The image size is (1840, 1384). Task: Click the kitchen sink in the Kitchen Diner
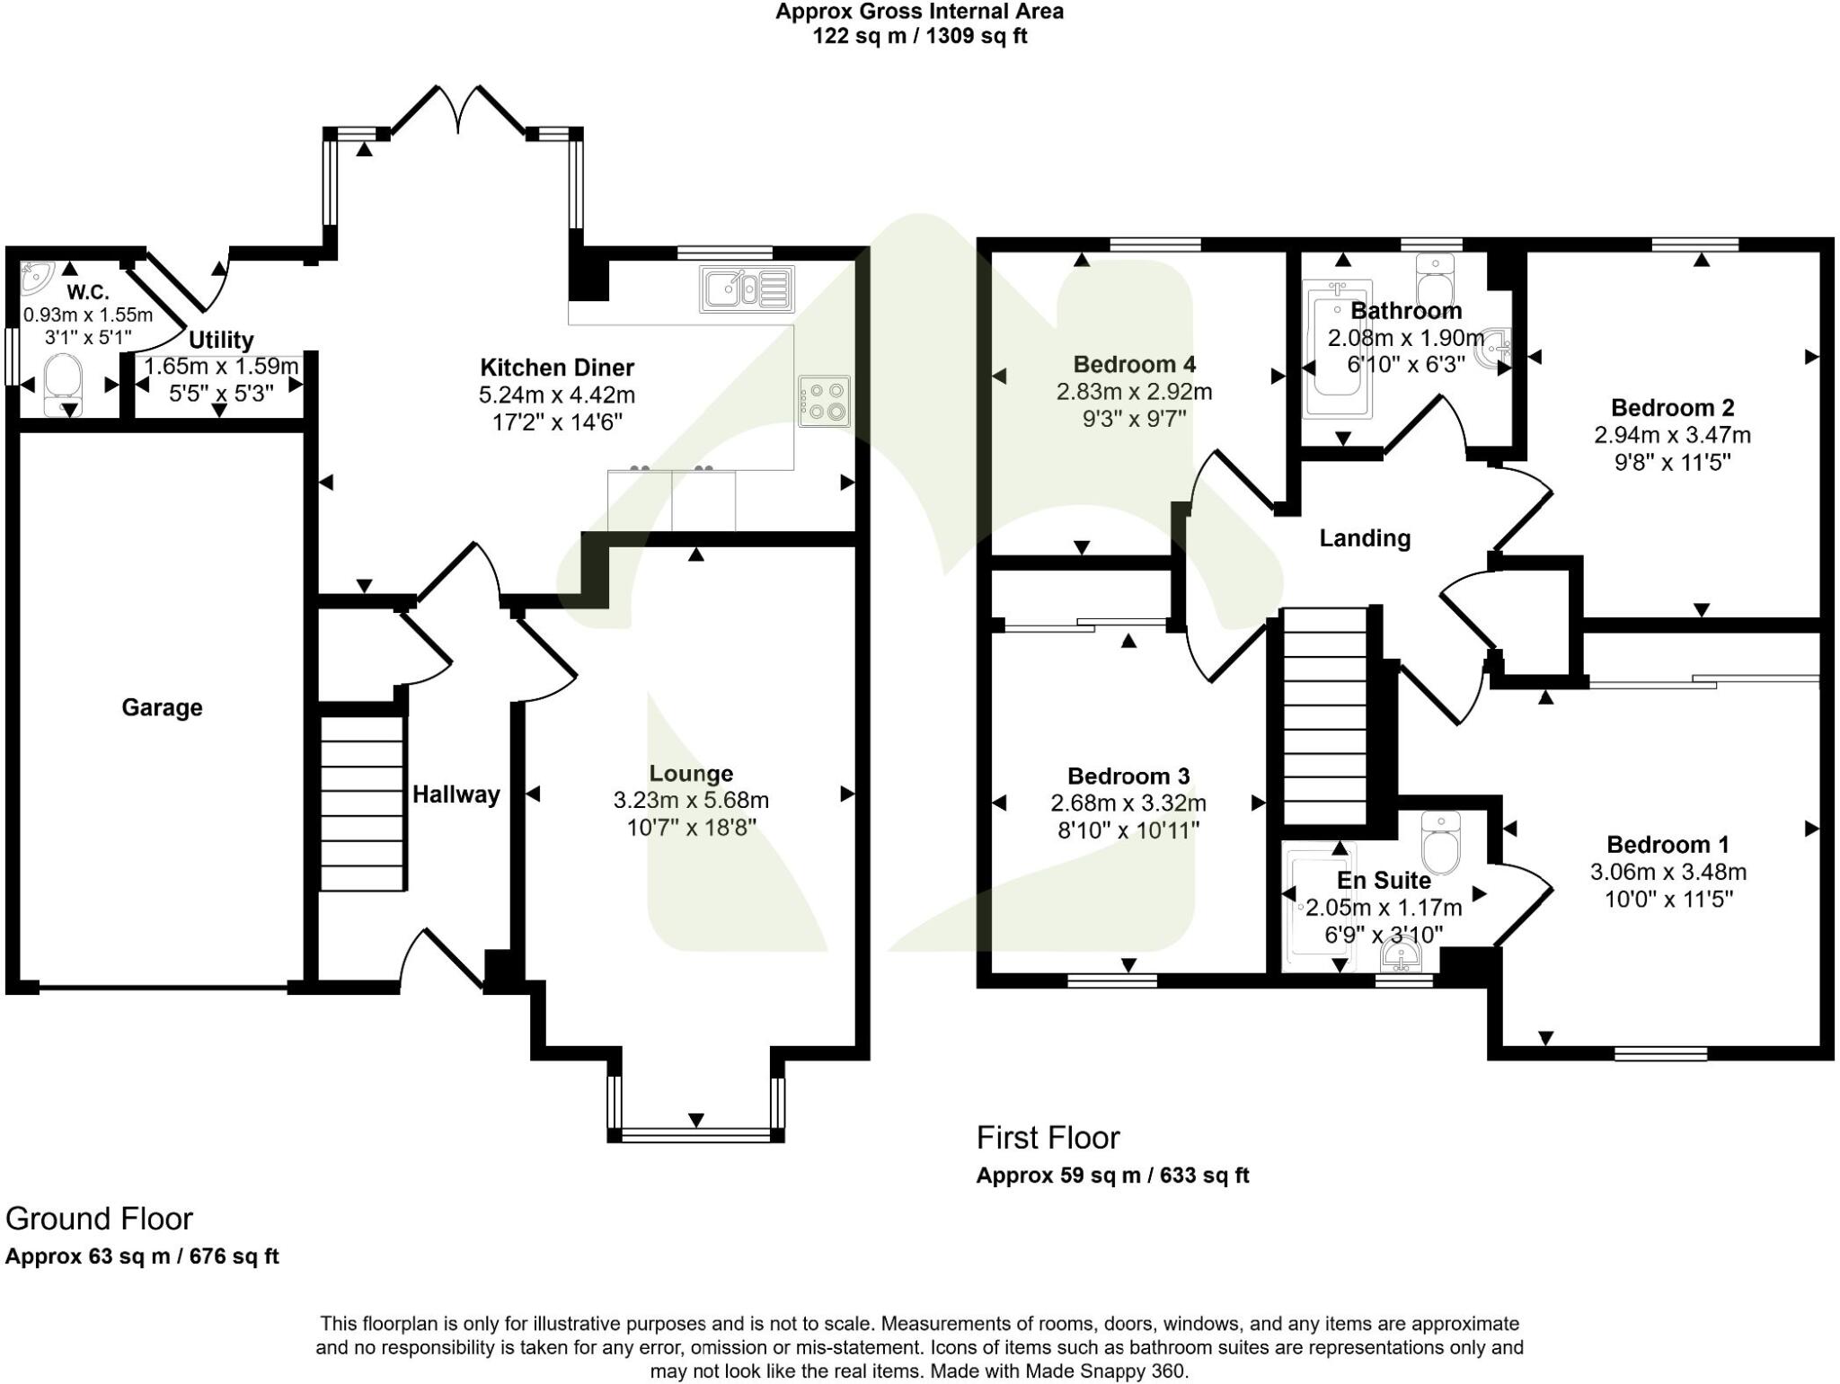point(747,289)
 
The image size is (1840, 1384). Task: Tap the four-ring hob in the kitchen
point(824,402)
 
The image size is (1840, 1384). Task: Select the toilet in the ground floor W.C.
point(63,385)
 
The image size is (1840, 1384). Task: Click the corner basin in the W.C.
point(37,276)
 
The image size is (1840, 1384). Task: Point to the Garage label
point(162,708)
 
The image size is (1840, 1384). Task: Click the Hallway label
point(456,794)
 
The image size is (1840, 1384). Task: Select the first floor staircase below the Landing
point(1323,716)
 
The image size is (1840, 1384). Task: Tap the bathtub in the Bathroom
point(1337,350)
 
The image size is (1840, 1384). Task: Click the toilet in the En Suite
point(1442,843)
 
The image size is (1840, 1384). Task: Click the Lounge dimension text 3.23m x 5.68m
point(690,800)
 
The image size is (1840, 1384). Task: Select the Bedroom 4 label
point(1134,364)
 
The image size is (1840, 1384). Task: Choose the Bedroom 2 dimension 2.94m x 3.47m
point(1671,436)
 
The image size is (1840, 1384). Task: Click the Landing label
point(1364,538)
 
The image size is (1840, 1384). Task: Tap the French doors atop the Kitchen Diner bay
point(459,111)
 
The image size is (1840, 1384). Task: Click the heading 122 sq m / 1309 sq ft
point(919,36)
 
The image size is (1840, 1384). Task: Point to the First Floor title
point(1048,1138)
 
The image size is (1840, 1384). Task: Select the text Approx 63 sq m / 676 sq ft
point(142,1256)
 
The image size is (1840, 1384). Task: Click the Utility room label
point(220,341)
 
